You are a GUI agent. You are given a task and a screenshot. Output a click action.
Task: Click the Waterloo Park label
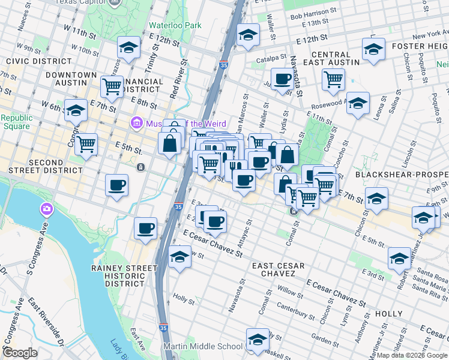tap(175, 26)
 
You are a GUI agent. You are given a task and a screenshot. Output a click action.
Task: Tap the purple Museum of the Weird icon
tap(136, 124)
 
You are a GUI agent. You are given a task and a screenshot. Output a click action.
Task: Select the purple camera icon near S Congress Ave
tap(46, 209)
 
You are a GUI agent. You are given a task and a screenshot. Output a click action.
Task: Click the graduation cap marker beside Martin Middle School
tap(258, 340)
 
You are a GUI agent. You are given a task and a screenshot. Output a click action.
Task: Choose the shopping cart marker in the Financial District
tap(112, 86)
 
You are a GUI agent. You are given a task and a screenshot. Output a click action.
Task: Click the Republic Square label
tap(16, 122)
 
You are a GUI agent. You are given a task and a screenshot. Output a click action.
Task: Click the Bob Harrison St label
tap(310, 13)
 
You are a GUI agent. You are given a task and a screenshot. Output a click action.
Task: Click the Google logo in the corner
tap(20, 353)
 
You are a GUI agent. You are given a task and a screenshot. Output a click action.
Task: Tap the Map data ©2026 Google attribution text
tap(412, 355)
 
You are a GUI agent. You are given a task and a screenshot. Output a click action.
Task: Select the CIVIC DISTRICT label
tap(30, 61)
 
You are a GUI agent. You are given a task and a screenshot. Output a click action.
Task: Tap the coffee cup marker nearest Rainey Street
tap(145, 228)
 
